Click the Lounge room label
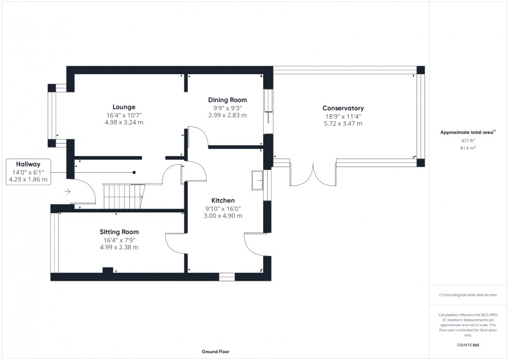[124, 107]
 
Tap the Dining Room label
[227, 100]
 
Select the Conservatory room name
[343, 109]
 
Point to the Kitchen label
[223, 200]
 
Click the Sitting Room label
[119, 232]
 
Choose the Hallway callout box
[28, 172]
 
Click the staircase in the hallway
[124, 196]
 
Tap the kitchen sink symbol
[258, 180]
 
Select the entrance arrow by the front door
[67, 192]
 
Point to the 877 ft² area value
[468, 141]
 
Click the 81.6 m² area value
[468, 148]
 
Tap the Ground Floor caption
[215, 351]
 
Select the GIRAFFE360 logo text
[468, 345]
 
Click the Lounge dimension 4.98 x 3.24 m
[124, 122]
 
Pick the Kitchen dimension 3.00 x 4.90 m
[223, 216]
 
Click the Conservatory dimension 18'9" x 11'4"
[343, 117]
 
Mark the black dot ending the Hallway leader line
[134, 173]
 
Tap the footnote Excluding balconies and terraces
[468, 295]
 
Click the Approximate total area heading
[468, 132]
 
